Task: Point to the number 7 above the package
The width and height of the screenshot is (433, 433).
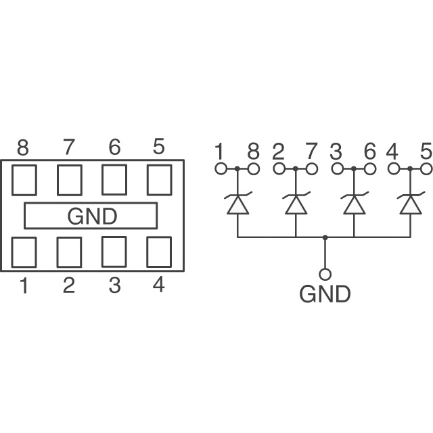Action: click(x=69, y=147)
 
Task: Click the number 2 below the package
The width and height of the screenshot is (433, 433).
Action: click(x=69, y=286)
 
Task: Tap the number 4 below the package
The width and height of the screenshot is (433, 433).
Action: click(x=159, y=285)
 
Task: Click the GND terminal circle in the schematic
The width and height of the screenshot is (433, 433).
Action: click(x=325, y=274)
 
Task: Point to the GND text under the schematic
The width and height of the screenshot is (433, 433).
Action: click(x=325, y=294)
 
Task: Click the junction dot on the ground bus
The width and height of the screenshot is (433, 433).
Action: click(x=325, y=237)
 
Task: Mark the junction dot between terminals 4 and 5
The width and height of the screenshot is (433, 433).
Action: click(x=411, y=168)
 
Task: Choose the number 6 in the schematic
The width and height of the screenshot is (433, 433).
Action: click(x=370, y=151)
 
